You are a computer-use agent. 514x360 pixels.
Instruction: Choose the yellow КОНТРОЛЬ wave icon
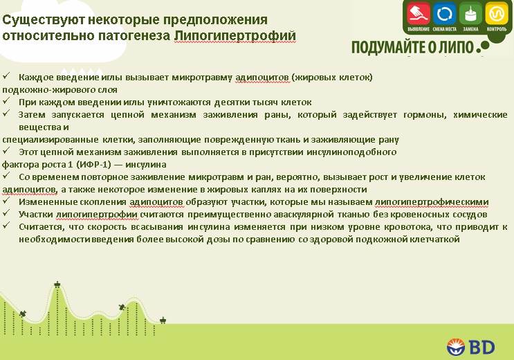pos(495,13)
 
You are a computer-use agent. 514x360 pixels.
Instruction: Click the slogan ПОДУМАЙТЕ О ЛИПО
pos(412,48)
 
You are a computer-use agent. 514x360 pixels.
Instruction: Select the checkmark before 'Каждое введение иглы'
pos(6,76)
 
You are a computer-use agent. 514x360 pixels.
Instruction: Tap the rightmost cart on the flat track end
pos(163,320)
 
